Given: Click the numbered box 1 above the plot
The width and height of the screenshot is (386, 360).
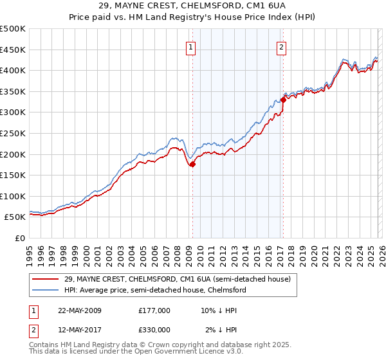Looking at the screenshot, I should pos(192,46).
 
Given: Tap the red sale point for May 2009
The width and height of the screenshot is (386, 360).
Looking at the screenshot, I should pos(192,164).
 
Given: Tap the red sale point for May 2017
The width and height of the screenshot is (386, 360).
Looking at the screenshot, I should pos(283,100).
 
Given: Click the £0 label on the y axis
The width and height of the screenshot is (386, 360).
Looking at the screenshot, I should pos(20,238).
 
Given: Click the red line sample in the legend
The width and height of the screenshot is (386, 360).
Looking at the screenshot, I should pos(46,279).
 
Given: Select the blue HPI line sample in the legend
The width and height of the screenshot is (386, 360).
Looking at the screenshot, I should pos(46,290).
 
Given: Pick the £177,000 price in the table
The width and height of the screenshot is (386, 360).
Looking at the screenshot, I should pos(154,310).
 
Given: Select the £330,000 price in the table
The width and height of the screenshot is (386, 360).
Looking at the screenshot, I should pos(154,330).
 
